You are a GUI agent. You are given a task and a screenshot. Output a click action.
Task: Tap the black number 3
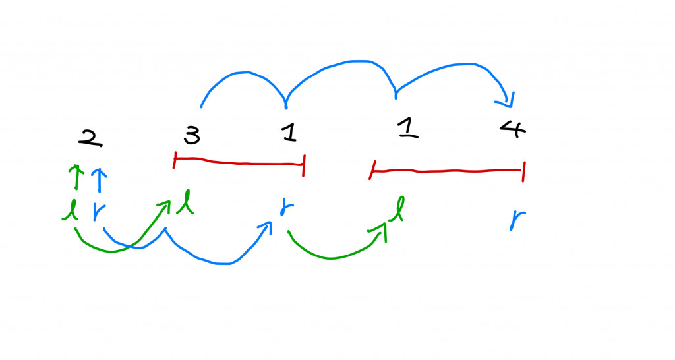[x=191, y=136]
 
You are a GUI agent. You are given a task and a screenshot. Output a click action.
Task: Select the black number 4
[x=513, y=129]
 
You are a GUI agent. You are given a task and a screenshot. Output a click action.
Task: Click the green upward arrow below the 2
[x=76, y=177]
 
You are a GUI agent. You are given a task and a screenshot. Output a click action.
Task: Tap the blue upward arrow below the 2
[x=98, y=178]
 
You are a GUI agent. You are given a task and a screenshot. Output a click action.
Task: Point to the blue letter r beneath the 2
[x=98, y=212]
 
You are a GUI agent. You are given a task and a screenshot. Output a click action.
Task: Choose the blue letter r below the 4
[x=515, y=219]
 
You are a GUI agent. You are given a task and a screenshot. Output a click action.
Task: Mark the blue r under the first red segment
[x=287, y=206]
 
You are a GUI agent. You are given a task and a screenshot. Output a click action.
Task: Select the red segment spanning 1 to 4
[x=448, y=171]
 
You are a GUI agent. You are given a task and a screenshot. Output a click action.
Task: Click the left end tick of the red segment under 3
[x=175, y=159]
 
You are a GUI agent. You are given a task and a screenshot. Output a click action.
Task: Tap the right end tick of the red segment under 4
[x=523, y=170]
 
